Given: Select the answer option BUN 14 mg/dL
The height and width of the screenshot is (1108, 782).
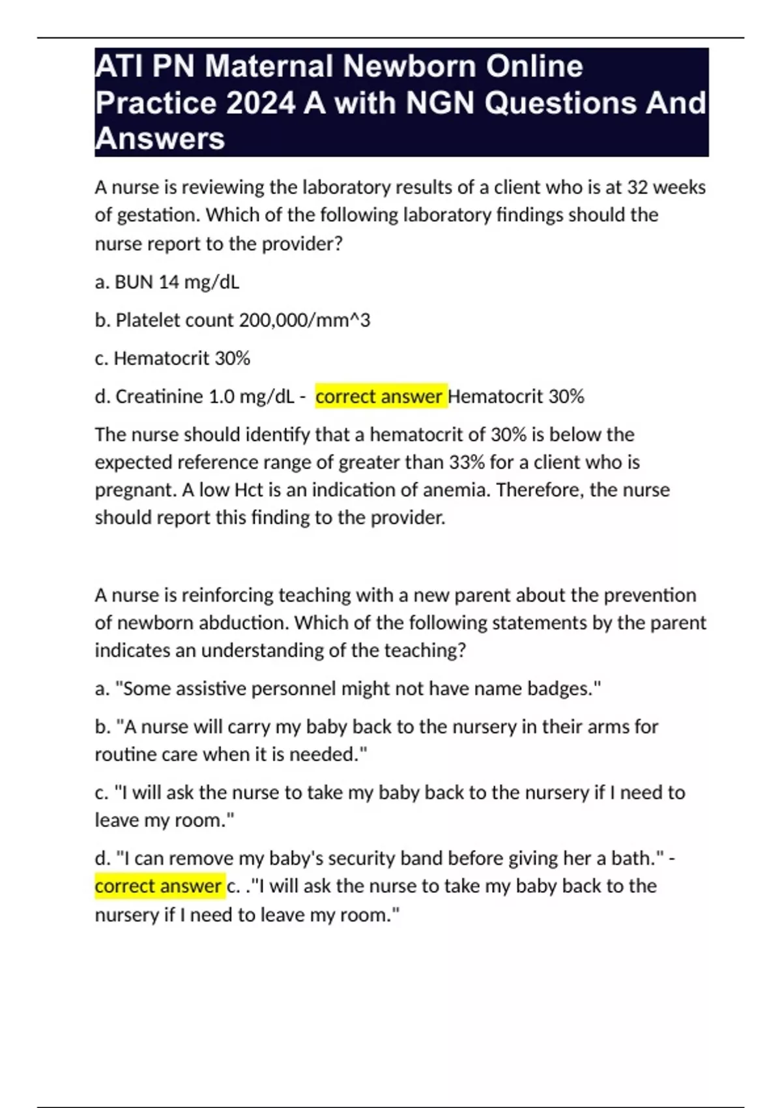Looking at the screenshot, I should (167, 282).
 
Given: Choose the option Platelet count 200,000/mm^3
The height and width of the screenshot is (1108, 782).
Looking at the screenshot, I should (232, 320).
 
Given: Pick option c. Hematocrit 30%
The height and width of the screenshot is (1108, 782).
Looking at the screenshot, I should (173, 358).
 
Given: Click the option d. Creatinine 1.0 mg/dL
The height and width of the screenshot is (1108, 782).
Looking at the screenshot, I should (195, 396).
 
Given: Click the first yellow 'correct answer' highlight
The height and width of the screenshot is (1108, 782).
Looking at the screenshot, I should (380, 396).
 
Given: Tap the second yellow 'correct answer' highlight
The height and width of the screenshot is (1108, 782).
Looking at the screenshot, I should (159, 886).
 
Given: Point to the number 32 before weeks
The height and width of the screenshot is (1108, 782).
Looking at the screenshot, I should (637, 188).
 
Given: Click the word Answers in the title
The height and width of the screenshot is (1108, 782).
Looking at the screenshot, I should (160, 139).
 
